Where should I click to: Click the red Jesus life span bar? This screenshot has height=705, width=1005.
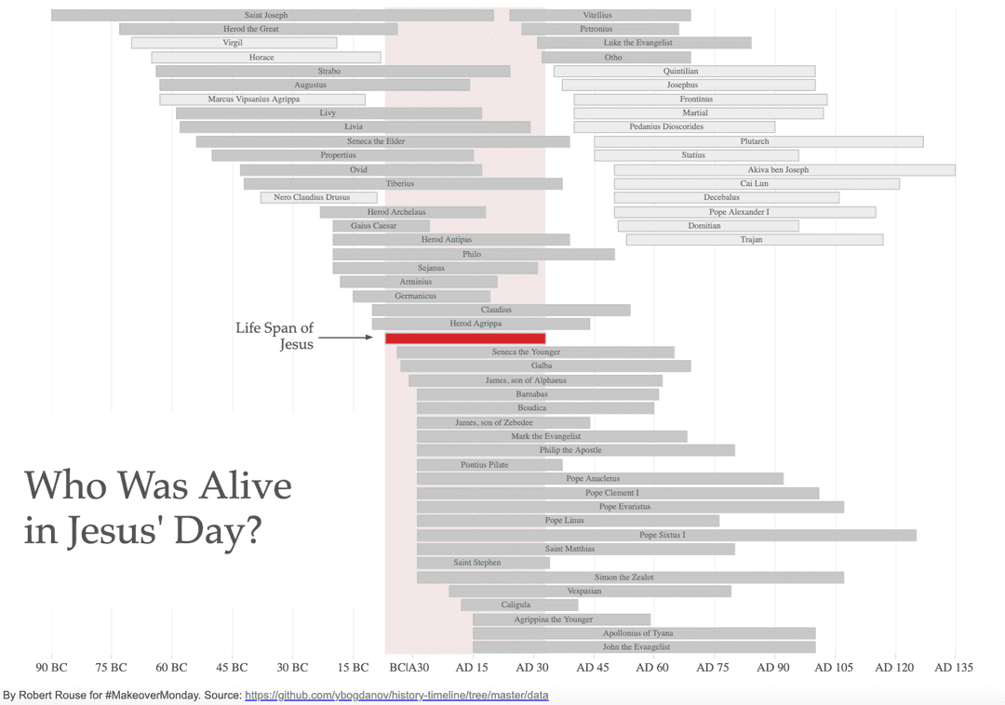tap(465, 339)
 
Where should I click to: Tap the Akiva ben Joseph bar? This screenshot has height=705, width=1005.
tap(784, 170)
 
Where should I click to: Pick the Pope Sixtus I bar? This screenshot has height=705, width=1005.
tap(666, 536)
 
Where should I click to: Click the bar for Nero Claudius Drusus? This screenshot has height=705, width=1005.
tap(319, 197)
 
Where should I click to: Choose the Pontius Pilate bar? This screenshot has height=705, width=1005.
tap(489, 465)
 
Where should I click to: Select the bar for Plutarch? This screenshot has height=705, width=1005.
tap(758, 141)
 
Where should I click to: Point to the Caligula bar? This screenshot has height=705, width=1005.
tap(519, 605)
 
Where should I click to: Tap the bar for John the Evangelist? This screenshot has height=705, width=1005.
tap(643, 647)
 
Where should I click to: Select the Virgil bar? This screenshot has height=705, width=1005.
tap(234, 43)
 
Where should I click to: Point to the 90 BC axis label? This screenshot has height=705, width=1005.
tap(52, 668)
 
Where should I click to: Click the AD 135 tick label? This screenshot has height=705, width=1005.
tap(954, 668)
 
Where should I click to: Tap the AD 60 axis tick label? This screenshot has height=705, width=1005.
tap(652, 668)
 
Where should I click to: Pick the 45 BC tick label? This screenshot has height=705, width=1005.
tap(233, 668)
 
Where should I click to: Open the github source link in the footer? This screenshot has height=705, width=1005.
tap(396, 696)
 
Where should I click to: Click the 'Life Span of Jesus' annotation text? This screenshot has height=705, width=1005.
tap(275, 337)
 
